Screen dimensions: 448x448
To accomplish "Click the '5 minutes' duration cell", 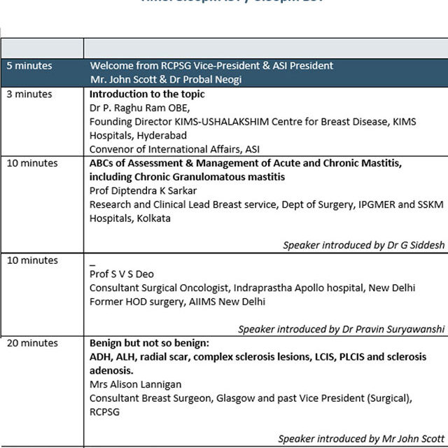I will (29, 66).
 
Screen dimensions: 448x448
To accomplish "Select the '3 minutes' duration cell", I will (29, 94).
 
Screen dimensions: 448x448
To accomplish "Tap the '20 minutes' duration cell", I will (32, 343).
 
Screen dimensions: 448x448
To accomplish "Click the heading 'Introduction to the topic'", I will (147, 94).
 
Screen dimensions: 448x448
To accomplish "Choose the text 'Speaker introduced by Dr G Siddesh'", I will (363, 246).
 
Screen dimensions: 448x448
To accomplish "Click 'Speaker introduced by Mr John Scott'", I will (361, 439).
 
